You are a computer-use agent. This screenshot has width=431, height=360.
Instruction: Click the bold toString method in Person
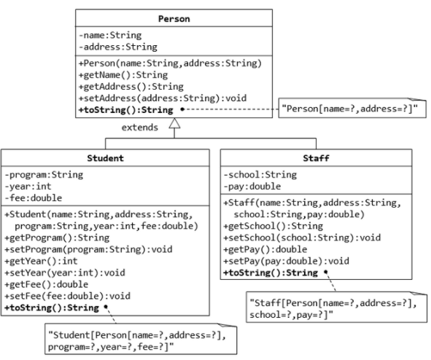coord(125,110)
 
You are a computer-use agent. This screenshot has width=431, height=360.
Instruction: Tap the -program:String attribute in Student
coord(43,175)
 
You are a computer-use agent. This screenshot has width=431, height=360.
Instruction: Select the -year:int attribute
coord(27,186)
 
